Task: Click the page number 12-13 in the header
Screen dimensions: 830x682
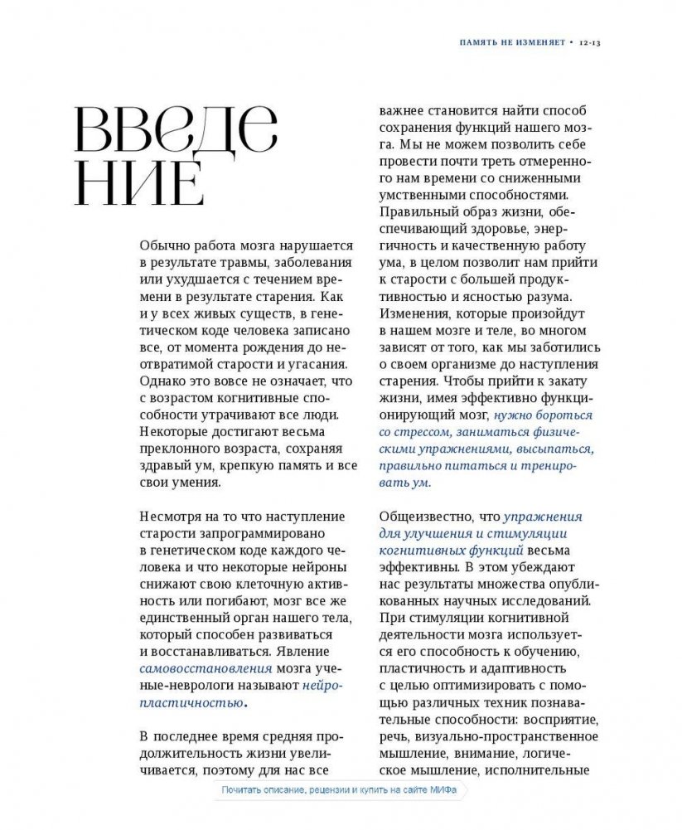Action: tap(589, 41)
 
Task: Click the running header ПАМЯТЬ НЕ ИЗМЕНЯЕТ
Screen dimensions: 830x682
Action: tap(513, 41)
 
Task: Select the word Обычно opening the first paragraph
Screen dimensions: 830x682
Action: tap(164, 245)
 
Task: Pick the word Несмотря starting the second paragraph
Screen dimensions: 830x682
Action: tap(171, 517)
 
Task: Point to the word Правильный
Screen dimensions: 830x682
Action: tap(415, 211)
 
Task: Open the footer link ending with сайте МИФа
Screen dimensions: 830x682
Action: tap(338, 790)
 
